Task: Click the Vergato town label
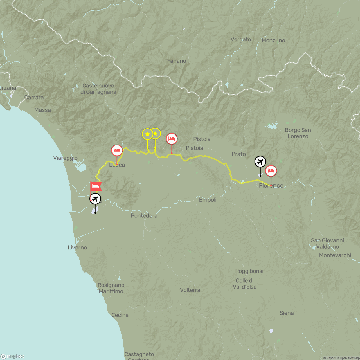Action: [x=241, y=40]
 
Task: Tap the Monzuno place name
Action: [x=273, y=40]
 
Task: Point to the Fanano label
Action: [x=177, y=61]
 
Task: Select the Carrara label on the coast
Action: [x=34, y=98]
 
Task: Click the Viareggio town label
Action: [x=65, y=158]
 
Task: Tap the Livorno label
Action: [x=77, y=248]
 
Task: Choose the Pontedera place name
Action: [x=144, y=216]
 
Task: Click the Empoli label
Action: [x=208, y=200]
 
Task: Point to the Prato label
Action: [x=239, y=154]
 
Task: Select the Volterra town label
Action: [x=190, y=290]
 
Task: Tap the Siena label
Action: [x=287, y=313]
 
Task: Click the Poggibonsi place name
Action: [x=249, y=271]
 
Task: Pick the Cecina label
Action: [x=120, y=315]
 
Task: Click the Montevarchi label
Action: [x=335, y=255]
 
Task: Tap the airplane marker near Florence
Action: [x=260, y=162]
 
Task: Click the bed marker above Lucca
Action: [x=117, y=150]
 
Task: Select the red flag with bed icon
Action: [x=96, y=186]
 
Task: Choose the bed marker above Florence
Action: [x=271, y=171]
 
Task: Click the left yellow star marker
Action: [x=147, y=134]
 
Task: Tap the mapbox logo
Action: [x=13, y=356]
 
